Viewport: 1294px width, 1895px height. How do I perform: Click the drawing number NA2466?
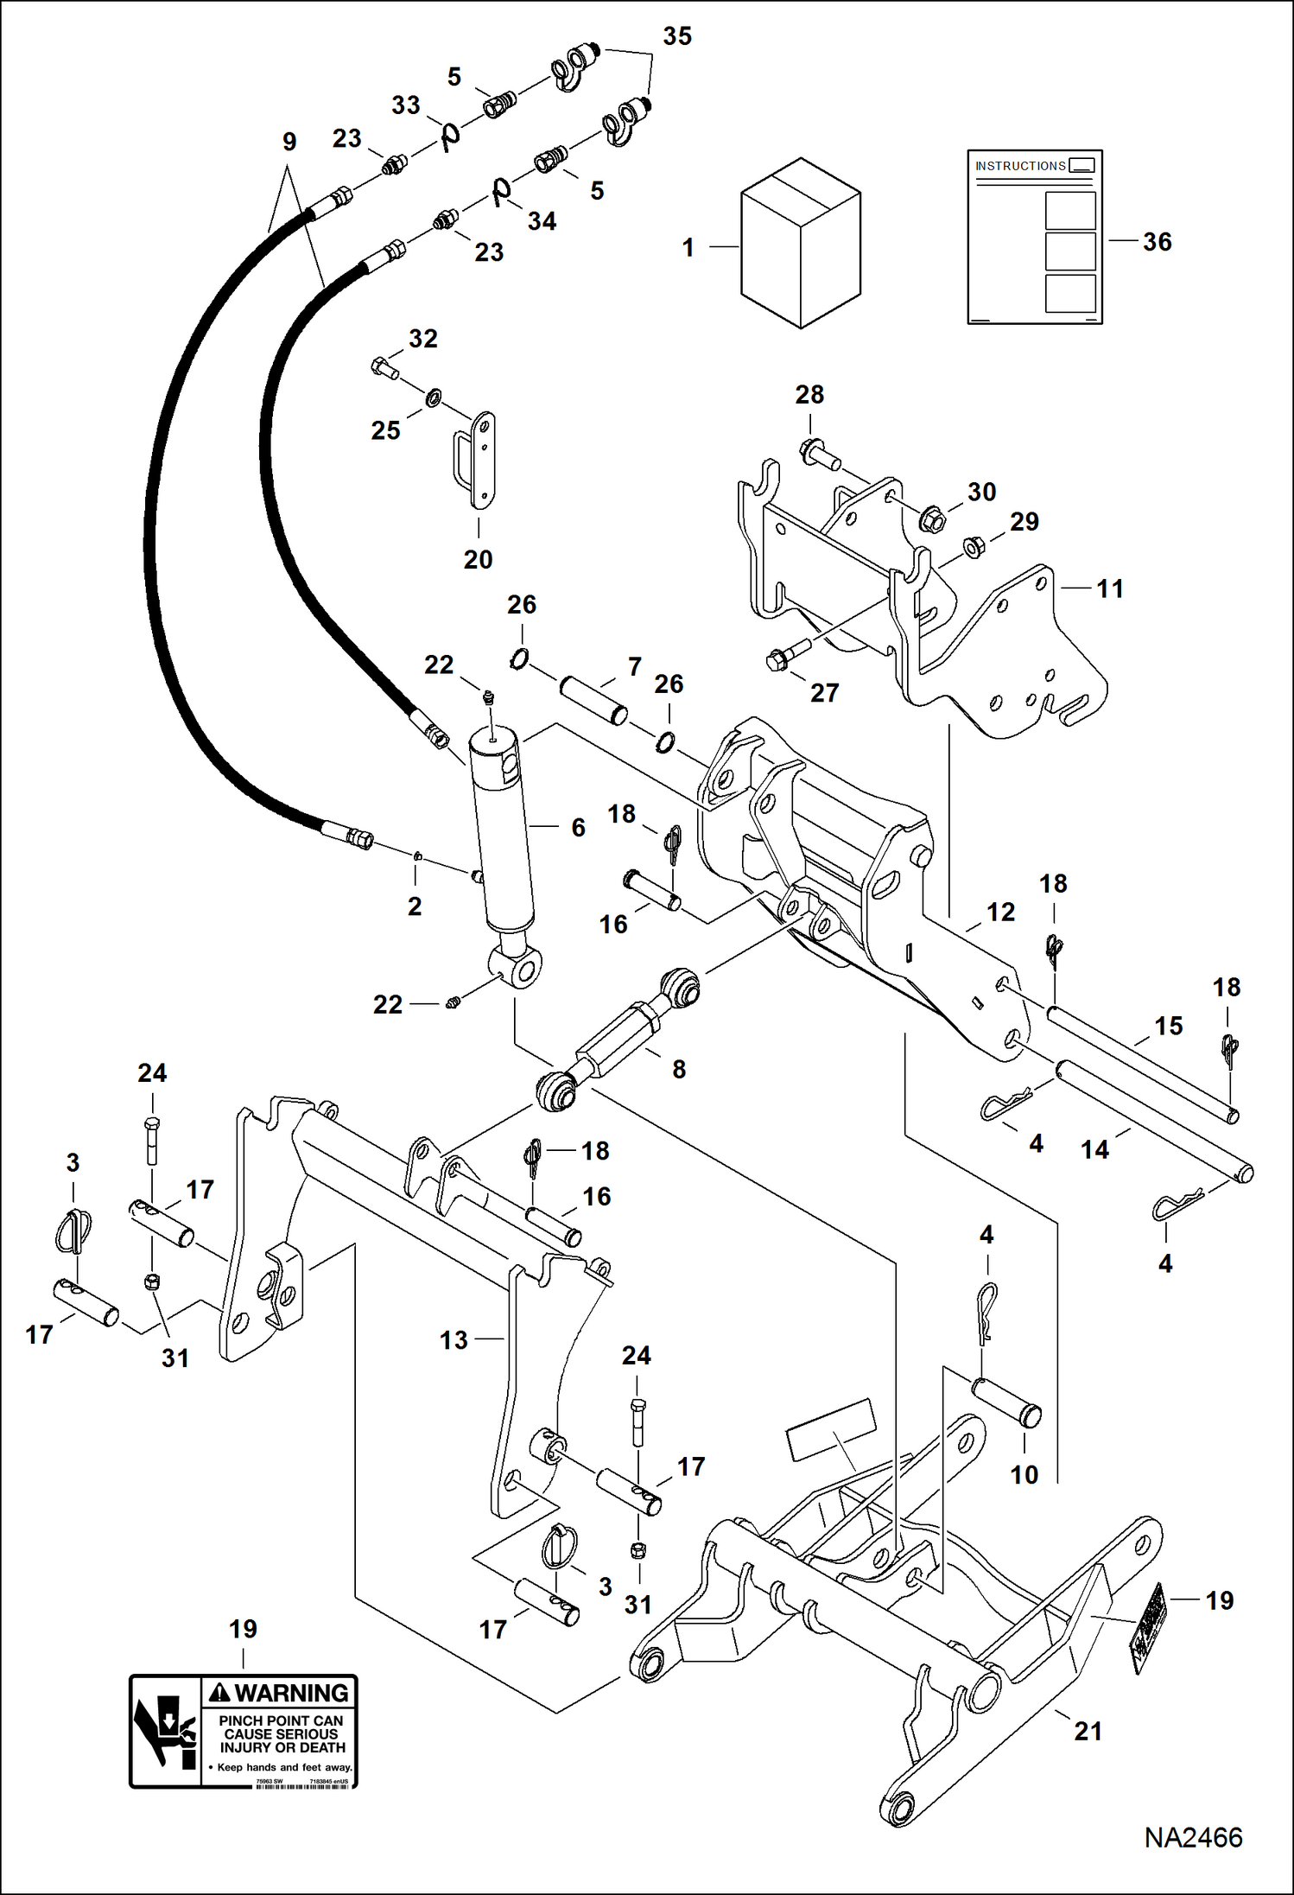(1193, 1837)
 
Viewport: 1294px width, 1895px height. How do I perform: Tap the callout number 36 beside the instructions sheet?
(1157, 242)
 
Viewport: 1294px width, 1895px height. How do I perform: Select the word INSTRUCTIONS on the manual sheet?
(1020, 166)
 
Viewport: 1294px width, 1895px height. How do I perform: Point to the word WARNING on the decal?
(291, 1692)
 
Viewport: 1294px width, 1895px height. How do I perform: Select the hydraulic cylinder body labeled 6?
(504, 834)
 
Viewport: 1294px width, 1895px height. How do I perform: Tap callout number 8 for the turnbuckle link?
(679, 1069)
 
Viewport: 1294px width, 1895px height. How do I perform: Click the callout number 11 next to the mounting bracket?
(1109, 588)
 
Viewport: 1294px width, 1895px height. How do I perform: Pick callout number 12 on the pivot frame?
(1000, 912)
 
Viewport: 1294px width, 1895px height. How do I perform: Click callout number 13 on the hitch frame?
(454, 1339)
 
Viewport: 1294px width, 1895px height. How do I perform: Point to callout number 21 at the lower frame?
(1088, 1731)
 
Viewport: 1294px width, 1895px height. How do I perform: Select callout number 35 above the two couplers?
(677, 36)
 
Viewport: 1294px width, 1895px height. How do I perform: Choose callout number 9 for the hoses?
(289, 142)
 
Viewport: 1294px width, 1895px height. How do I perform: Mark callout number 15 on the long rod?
(1168, 1026)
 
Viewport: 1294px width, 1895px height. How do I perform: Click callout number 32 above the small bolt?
(422, 339)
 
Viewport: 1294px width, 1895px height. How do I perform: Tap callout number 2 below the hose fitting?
(415, 906)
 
